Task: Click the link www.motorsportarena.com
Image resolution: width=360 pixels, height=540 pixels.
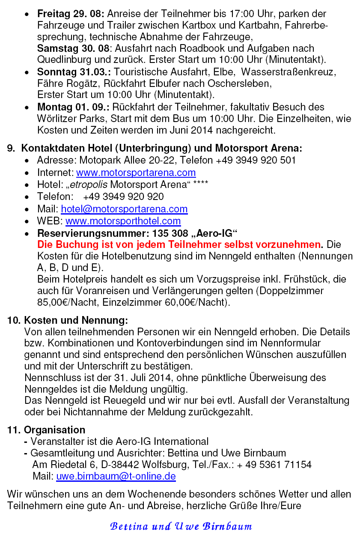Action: tap(136, 173)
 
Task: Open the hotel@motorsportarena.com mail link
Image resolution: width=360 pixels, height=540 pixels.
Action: tap(124, 209)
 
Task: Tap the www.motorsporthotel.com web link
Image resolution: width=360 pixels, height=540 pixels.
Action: tap(123, 221)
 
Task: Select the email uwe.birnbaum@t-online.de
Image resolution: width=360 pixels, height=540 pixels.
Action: tap(116, 476)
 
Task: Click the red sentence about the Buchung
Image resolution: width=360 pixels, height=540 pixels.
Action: tap(179, 245)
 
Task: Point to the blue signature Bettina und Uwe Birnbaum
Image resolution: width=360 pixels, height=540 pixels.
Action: tap(181, 526)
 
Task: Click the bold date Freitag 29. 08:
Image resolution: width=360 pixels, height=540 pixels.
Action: tap(68, 14)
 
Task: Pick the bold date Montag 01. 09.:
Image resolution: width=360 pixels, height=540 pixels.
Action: tap(73, 107)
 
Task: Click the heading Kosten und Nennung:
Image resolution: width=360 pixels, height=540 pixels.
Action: tap(76, 320)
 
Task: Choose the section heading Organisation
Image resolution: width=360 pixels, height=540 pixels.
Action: tap(54, 430)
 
